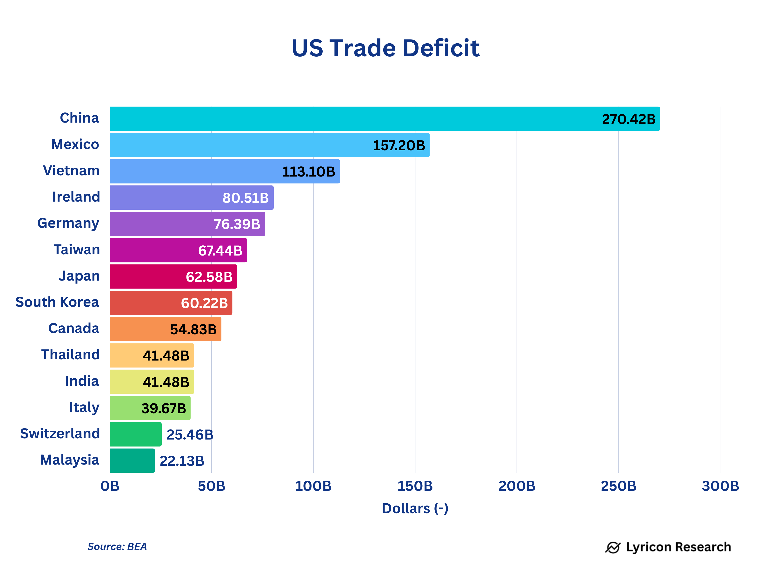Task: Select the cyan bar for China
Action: [349, 119]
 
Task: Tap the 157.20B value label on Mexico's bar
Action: [399, 145]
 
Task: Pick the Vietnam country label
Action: [71, 171]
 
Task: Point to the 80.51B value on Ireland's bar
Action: [245, 198]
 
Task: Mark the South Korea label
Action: [57, 302]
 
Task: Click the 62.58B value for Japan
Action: [209, 277]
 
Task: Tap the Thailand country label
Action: [70, 355]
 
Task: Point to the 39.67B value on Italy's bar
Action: [163, 408]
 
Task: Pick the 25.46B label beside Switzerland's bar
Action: [190, 435]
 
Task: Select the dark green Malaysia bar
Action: [132, 460]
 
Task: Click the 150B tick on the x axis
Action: [415, 486]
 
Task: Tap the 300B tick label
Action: [720, 486]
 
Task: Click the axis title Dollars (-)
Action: [415, 509]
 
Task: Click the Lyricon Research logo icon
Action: [612, 547]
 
